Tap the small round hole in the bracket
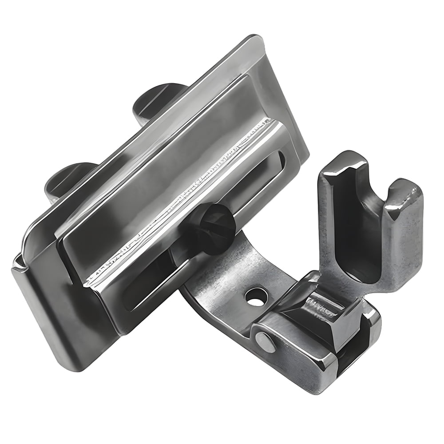pyautogui.click(x=256, y=296)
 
